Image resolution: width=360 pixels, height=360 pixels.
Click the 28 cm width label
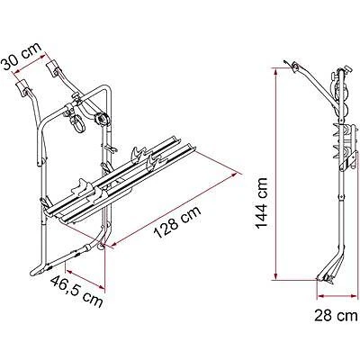pyautogui.click(x=328, y=315)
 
